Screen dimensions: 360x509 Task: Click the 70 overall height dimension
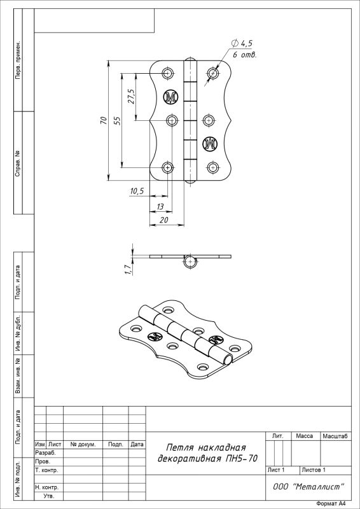104,120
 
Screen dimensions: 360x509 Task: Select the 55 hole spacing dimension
118,121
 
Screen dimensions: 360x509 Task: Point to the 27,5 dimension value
132,97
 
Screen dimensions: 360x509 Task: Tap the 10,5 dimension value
137,192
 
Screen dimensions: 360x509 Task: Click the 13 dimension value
160,206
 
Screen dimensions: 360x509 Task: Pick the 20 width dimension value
164,220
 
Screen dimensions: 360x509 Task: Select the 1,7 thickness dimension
128,269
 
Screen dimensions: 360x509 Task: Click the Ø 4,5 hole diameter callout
242,43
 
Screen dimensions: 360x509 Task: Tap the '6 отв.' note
244,55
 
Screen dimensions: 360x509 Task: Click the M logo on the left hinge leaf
170,97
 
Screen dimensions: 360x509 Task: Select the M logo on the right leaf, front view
210,144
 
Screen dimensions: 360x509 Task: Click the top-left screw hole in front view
168,73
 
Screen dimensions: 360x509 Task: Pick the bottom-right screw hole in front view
212,167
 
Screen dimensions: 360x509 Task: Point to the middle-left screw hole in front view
172,120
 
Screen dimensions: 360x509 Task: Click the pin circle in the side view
190,262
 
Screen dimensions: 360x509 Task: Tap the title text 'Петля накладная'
205,448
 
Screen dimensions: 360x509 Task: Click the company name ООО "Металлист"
308,487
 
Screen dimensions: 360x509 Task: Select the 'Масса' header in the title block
305,436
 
